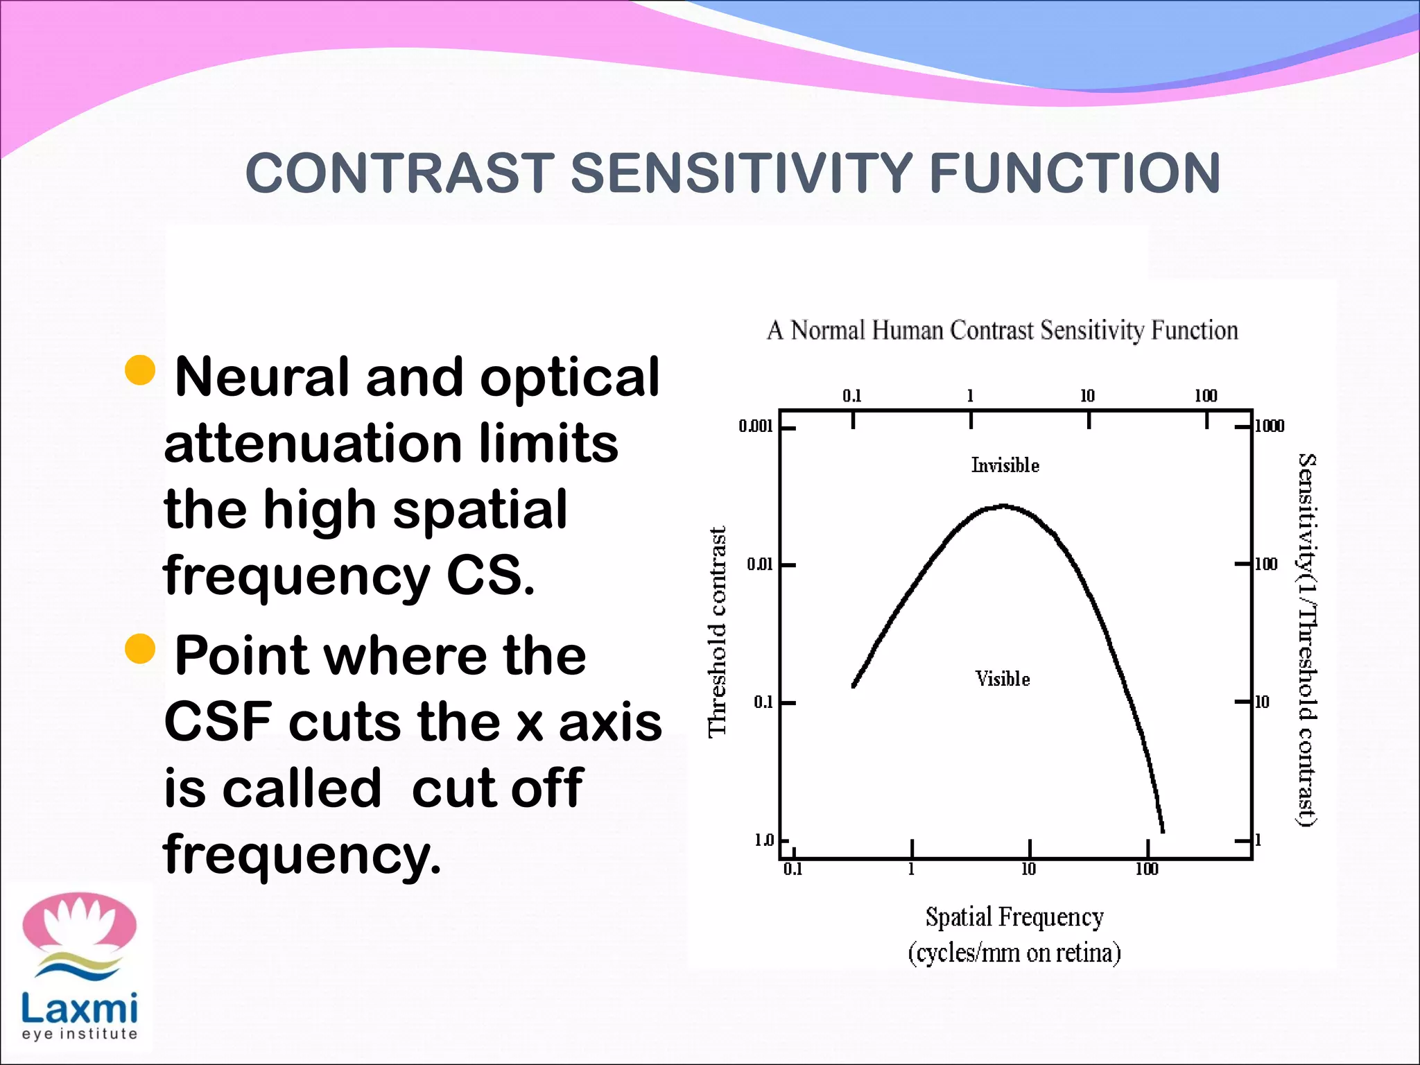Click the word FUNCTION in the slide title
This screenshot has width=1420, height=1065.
coord(1074,173)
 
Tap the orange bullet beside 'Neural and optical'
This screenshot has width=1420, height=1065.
coord(140,370)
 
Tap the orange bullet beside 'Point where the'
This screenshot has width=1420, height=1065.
coord(140,649)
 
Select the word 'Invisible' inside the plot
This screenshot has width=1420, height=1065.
coord(1005,465)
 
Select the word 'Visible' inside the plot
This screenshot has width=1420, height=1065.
coord(1002,679)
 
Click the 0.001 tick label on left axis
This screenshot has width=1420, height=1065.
coord(755,426)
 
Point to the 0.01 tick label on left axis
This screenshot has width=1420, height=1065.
coord(759,564)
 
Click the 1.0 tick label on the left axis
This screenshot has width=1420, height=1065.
coord(763,840)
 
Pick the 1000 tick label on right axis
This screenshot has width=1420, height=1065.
coord(1270,426)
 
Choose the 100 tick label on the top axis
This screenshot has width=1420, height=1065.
coord(1206,396)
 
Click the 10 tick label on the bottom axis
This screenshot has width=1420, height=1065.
coord(1028,869)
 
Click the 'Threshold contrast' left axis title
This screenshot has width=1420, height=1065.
coord(717,631)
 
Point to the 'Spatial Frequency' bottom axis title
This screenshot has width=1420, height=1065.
coord(1014,917)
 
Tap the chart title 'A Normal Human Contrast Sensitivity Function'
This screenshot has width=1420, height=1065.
coord(1002,331)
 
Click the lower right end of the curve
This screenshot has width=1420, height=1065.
coord(1162,830)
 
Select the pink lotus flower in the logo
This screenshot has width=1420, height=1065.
coord(79,921)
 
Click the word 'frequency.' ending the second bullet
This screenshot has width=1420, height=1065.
coord(302,854)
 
